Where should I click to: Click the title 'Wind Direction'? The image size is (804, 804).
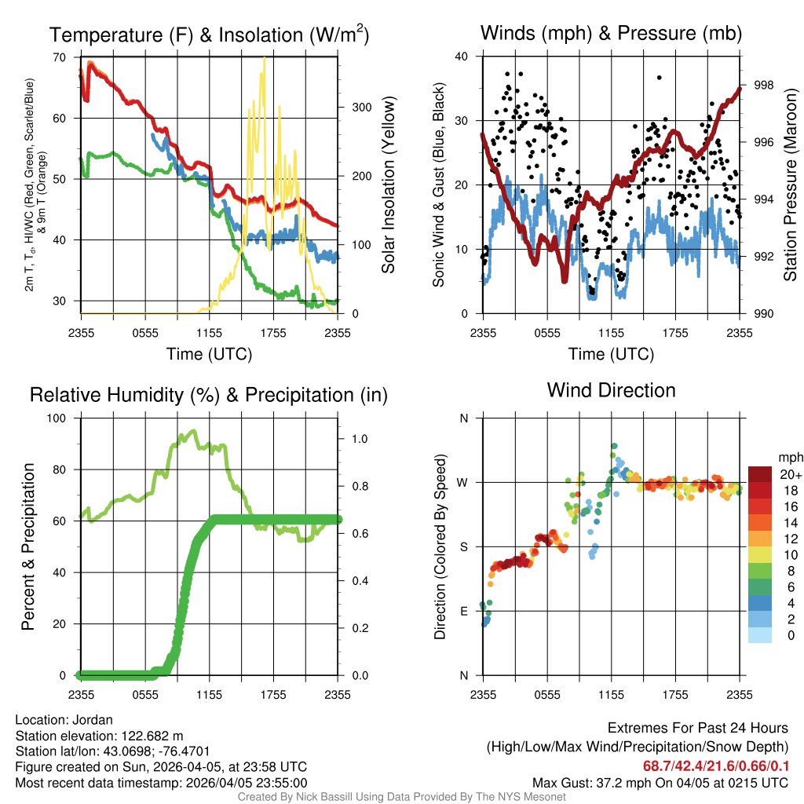click(x=611, y=390)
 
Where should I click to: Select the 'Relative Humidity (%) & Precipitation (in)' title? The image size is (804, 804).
click(x=209, y=395)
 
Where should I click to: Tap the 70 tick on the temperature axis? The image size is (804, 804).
click(x=60, y=57)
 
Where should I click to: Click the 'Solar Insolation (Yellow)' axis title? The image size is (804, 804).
click(x=388, y=185)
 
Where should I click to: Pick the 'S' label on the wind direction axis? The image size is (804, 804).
click(x=463, y=546)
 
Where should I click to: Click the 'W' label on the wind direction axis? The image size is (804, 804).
click(x=463, y=482)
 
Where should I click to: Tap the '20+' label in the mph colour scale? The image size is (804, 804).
click(x=790, y=474)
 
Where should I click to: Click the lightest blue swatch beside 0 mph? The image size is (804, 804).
click(x=761, y=636)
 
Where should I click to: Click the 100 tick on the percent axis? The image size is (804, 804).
click(x=57, y=418)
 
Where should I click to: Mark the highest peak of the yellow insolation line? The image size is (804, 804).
click(x=264, y=59)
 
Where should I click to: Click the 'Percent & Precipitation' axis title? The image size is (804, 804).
click(x=28, y=546)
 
